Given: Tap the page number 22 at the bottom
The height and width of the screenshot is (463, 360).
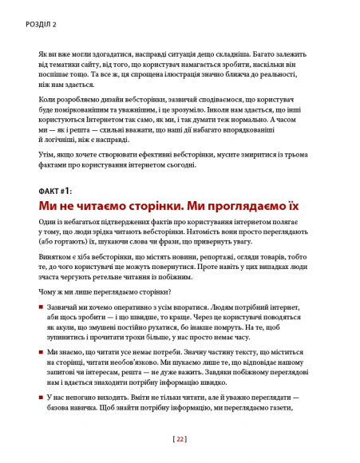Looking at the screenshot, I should (x=180, y=438).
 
